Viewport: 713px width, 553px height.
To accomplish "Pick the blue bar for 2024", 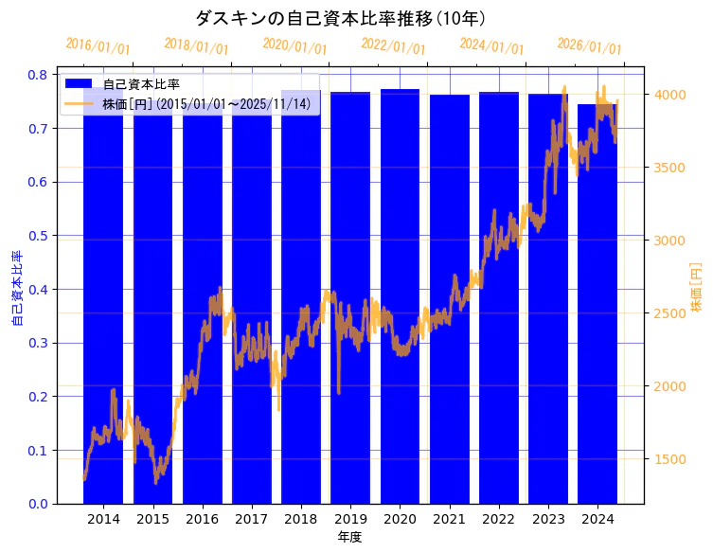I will [x=597, y=303].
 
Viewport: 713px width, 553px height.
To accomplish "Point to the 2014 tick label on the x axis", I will [x=103, y=519].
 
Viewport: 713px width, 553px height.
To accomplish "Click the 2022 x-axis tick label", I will [x=498, y=519].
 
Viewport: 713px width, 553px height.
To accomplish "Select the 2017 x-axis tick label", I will [x=251, y=519].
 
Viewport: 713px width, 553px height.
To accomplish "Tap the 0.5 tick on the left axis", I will [x=39, y=235].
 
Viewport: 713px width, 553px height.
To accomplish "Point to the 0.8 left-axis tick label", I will [x=39, y=74].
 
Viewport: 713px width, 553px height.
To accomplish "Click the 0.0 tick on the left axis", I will [x=39, y=504].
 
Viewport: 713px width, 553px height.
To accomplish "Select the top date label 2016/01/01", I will [x=98, y=46].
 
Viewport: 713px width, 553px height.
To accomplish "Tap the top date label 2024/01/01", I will [x=491, y=46].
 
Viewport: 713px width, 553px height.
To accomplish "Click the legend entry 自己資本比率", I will [x=141, y=85].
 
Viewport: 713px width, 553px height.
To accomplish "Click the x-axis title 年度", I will [x=349, y=537].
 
